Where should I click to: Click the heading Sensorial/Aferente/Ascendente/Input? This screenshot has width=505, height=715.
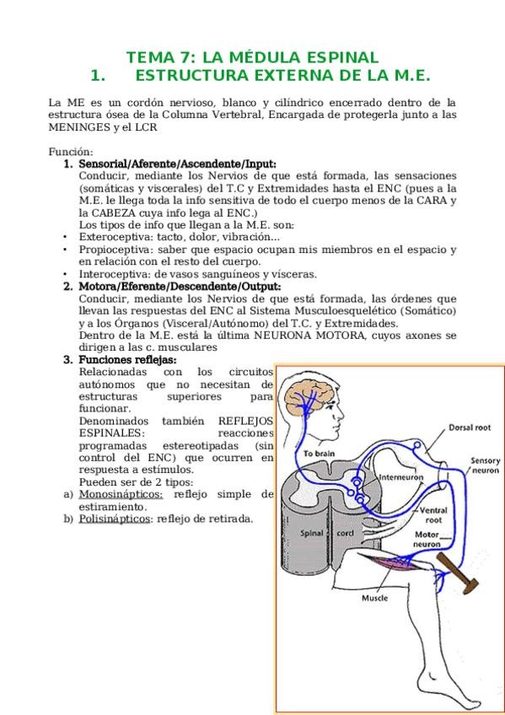(x=177, y=164)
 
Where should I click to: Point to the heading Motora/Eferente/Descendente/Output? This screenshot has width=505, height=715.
(x=180, y=287)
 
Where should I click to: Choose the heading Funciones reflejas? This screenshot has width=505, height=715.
(x=127, y=360)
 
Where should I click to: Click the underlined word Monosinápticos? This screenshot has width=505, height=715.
(x=121, y=495)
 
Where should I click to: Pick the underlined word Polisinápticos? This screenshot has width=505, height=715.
(x=115, y=519)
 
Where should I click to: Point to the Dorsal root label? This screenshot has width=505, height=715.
(x=470, y=427)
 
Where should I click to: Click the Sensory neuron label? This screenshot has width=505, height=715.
(x=485, y=465)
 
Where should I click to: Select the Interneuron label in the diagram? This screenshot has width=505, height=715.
(x=401, y=477)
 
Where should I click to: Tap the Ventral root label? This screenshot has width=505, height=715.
(x=433, y=515)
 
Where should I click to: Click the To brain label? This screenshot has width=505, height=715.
(x=319, y=454)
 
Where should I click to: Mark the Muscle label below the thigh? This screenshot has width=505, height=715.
(x=374, y=598)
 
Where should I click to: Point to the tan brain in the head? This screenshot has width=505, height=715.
(x=309, y=398)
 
